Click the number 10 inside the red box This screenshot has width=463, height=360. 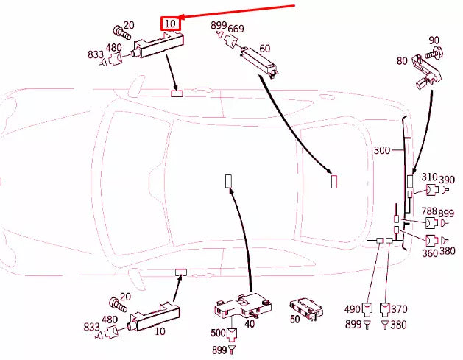pos(171,24)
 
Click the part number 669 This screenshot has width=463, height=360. pos(236,29)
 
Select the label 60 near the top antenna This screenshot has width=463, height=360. pos(264,49)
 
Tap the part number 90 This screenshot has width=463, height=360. pos(434,40)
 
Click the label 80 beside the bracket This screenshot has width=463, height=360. pos(401,61)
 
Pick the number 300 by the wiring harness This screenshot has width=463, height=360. pos(382,150)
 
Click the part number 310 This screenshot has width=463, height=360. pos(429,177)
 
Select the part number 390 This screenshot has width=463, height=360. pos(447,179)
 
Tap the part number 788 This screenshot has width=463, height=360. pos(429,211)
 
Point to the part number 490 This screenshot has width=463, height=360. pos(354,309)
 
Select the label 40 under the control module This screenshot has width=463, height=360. pos(250,323)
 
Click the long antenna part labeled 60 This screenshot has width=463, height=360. pos(261,62)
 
